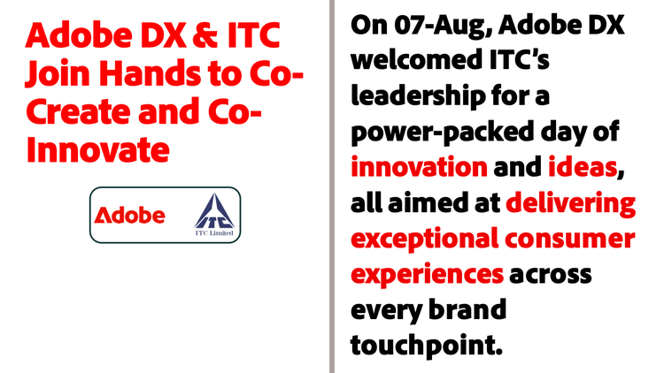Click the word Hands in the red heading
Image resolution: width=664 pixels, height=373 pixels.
[150, 73]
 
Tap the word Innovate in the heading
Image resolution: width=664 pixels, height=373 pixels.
[97, 149]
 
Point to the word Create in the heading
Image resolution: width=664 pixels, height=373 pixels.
[78, 111]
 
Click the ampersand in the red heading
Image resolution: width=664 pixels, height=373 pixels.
[206, 35]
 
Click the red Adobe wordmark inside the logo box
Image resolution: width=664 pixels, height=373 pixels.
[129, 215]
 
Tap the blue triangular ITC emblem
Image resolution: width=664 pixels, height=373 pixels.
[214, 211]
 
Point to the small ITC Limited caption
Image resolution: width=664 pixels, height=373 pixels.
[214, 233]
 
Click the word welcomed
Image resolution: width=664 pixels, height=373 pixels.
[417, 60]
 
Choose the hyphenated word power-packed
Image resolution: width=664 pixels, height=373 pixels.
[443, 133]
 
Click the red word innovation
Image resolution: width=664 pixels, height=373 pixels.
[420, 167]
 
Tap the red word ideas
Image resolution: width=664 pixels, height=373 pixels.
[583, 167]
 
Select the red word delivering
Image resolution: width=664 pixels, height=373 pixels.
[571, 204]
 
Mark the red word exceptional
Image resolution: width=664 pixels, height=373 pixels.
[425, 240]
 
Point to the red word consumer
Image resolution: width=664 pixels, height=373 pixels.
[569, 240]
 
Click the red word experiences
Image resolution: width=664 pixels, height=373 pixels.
[428, 275]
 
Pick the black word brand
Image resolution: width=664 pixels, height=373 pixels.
[467, 309]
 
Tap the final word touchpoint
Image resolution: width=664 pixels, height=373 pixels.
[427, 346]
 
